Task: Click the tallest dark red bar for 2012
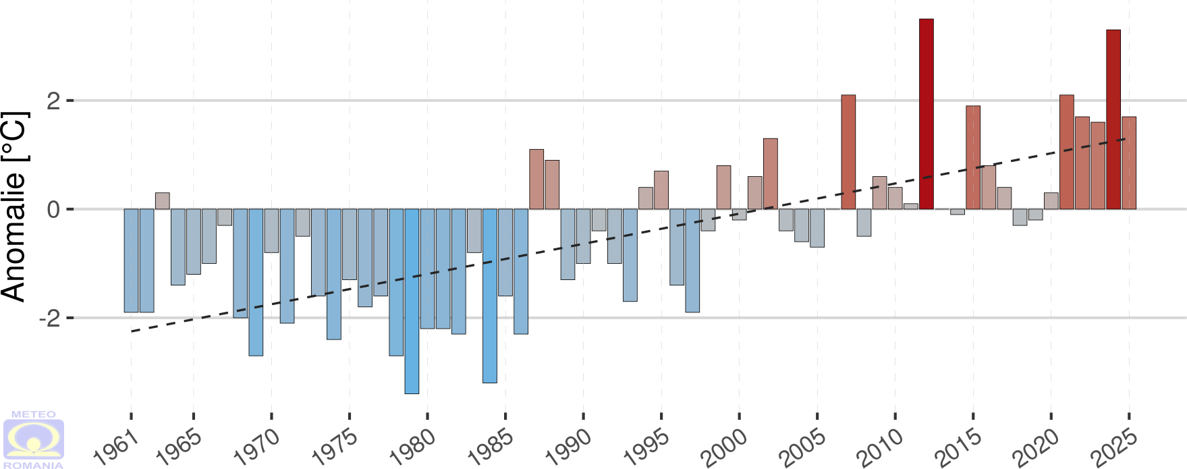(x=927, y=114)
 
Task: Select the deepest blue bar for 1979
(x=412, y=301)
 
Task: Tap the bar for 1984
(x=490, y=296)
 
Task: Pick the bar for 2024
(x=1113, y=119)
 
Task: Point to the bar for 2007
(x=848, y=152)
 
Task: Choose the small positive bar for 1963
(x=163, y=201)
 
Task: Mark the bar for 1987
(x=536, y=179)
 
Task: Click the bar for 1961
(x=131, y=260)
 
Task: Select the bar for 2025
(x=1129, y=163)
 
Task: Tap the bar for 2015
(x=973, y=157)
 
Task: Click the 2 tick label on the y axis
(x=53, y=101)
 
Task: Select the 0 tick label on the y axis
(x=53, y=209)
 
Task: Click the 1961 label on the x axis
(x=116, y=448)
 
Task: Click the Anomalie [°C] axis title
(x=15, y=206)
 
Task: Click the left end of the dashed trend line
(x=132, y=331)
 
